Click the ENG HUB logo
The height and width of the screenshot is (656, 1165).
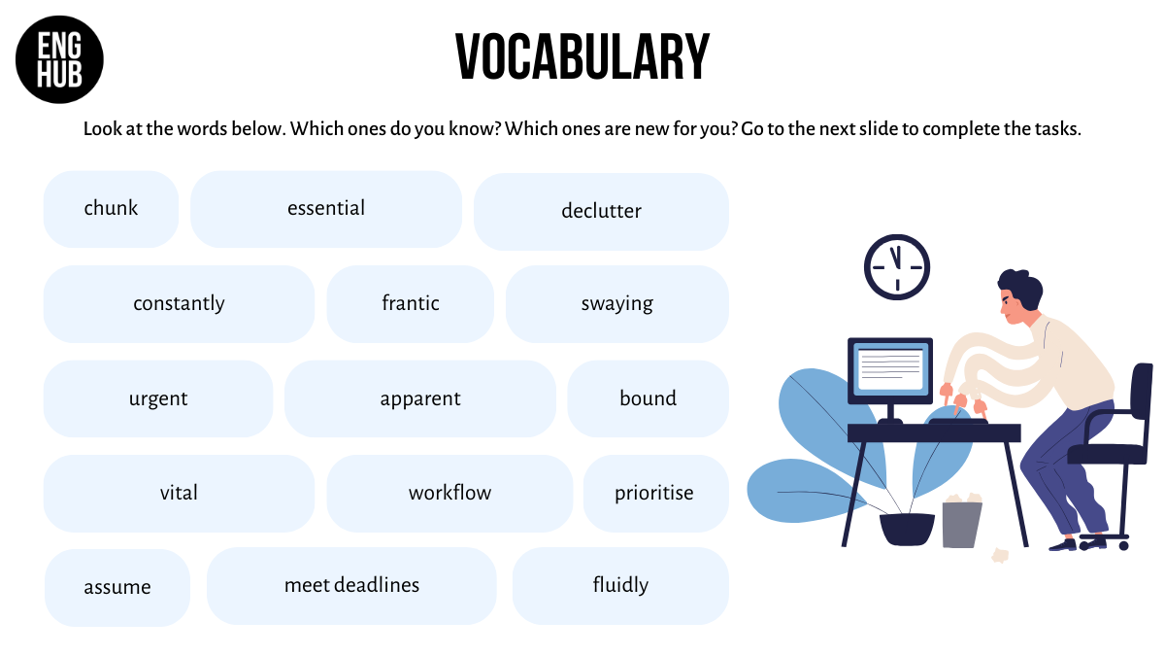(x=59, y=59)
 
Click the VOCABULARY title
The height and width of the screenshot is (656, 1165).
(x=582, y=56)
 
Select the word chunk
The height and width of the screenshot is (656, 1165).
(x=111, y=208)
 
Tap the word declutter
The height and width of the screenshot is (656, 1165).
(x=601, y=211)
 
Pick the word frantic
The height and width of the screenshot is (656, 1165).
(x=411, y=302)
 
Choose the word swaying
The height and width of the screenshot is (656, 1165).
(x=616, y=303)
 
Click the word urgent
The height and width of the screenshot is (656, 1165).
(x=158, y=398)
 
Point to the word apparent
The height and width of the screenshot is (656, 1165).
(x=420, y=398)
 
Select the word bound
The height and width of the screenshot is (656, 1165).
(x=649, y=397)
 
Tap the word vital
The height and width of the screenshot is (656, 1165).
(x=179, y=492)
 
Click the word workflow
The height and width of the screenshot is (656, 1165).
(x=449, y=492)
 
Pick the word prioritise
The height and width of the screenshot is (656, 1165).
(x=653, y=493)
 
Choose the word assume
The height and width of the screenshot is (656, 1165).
(x=117, y=587)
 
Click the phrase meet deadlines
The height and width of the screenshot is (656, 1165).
(x=351, y=585)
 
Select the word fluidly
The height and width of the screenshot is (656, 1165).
(x=620, y=585)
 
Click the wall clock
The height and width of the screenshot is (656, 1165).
(x=897, y=267)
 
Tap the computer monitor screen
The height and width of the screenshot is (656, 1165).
(x=890, y=370)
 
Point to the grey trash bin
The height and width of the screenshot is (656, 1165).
(x=962, y=522)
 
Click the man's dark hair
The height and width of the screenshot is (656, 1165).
(x=1021, y=290)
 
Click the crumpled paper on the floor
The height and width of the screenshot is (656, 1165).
(x=1000, y=556)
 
